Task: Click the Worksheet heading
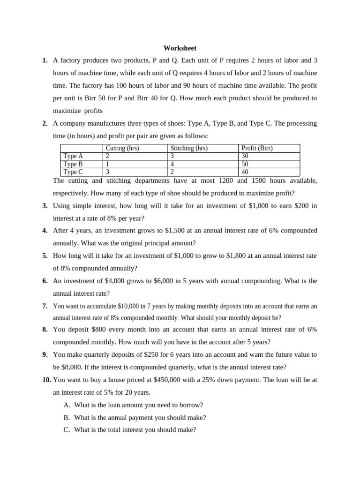coord(180,48)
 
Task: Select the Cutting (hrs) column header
coord(122,148)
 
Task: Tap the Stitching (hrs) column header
coord(189,148)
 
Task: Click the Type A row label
coord(73,156)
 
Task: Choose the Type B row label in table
coord(73,164)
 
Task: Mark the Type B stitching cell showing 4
coord(172,164)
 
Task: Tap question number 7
coord(45,306)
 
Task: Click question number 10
coord(45,380)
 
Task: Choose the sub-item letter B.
coord(66,417)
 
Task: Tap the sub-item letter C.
coord(66,429)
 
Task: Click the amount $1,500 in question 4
coord(178,231)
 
